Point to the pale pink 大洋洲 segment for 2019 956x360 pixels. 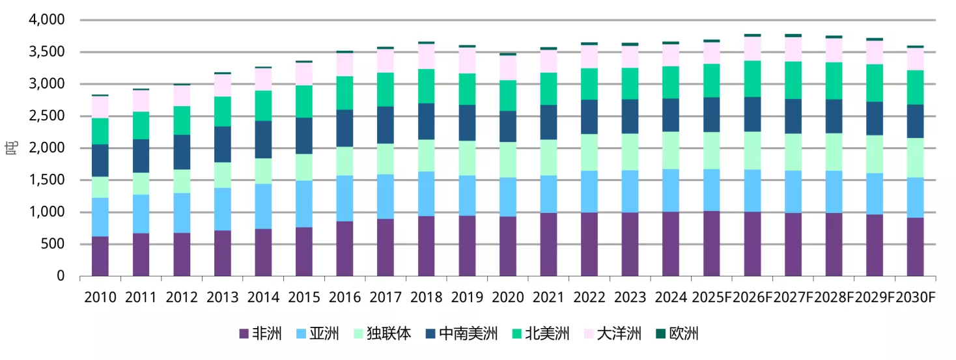467,60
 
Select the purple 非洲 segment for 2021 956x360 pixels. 548,244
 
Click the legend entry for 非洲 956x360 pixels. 260,335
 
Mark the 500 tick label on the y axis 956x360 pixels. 53,244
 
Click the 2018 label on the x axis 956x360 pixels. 426,298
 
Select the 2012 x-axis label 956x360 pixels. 182,298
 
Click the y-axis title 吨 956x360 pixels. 11,148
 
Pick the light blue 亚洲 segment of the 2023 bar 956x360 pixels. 630,191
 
